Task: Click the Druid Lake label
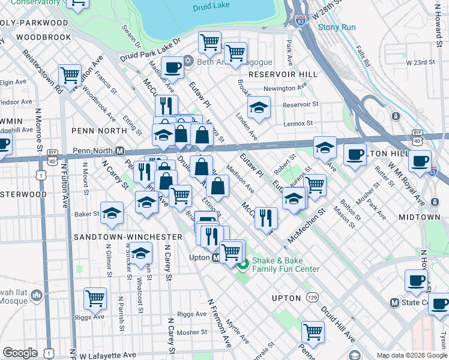(207, 8)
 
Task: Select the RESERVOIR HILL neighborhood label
(277, 74)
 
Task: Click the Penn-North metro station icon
(119, 151)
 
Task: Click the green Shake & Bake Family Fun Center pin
(243, 264)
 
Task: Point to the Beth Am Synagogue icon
(188, 61)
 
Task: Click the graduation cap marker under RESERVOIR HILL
(259, 108)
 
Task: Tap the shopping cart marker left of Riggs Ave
(95, 298)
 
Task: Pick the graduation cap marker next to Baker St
(112, 214)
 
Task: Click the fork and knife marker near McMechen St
(266, 217)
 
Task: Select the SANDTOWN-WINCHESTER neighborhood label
(127, 237)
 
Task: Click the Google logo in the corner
(20, 352)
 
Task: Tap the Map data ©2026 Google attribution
(411, 355)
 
